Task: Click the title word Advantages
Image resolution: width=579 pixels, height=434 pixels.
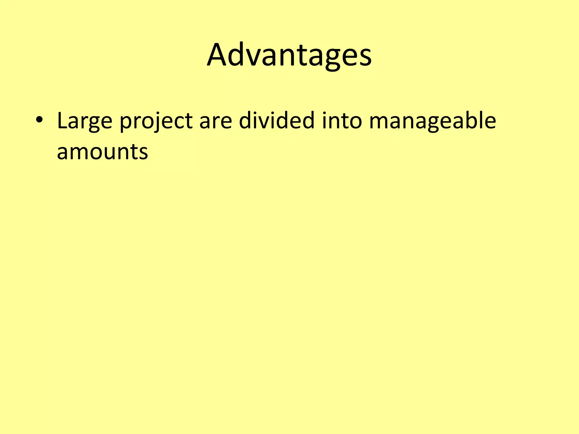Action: coord(289,55)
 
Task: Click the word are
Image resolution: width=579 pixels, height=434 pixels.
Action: coord(215,121)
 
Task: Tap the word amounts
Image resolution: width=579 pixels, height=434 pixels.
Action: coord(102,152)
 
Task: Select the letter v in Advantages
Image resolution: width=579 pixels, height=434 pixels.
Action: coord(255,58)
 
